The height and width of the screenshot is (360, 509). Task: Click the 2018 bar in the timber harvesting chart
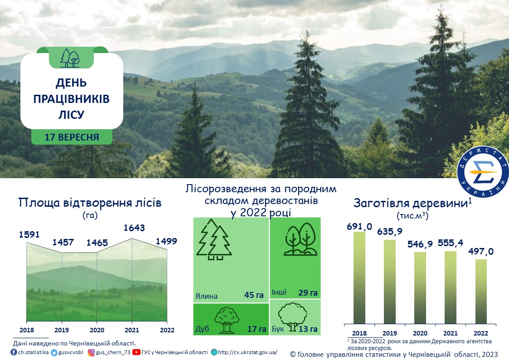(359, 277)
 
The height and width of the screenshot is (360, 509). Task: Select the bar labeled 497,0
(481, 292)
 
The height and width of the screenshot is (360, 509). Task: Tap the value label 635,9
(389, 231)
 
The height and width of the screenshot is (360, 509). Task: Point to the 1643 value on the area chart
(134, 228)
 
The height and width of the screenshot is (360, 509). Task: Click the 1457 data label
(63, 242)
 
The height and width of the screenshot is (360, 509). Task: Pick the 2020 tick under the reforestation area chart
(97, 330)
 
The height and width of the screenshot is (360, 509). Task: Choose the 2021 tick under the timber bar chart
(450, 333)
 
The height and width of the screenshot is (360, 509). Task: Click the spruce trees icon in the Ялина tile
(214, 239)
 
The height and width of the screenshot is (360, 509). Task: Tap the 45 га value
(254, 295)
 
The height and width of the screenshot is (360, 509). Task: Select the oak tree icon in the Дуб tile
(227, 321)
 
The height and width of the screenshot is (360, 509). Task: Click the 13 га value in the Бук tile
(308, 329)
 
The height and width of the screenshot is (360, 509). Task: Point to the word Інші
(279, 292)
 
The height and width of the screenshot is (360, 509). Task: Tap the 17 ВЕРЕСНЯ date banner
(72, 137)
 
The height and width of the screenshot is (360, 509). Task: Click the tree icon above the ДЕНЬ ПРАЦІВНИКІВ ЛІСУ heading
(70, 58)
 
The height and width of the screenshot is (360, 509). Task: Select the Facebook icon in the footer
(14, 352)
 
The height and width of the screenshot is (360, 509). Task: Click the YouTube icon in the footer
(136, 352)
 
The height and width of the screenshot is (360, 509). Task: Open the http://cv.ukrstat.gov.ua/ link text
(247, 352)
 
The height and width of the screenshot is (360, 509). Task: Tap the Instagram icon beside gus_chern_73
(92, 353)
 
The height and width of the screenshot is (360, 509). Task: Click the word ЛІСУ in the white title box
(72, 115)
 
